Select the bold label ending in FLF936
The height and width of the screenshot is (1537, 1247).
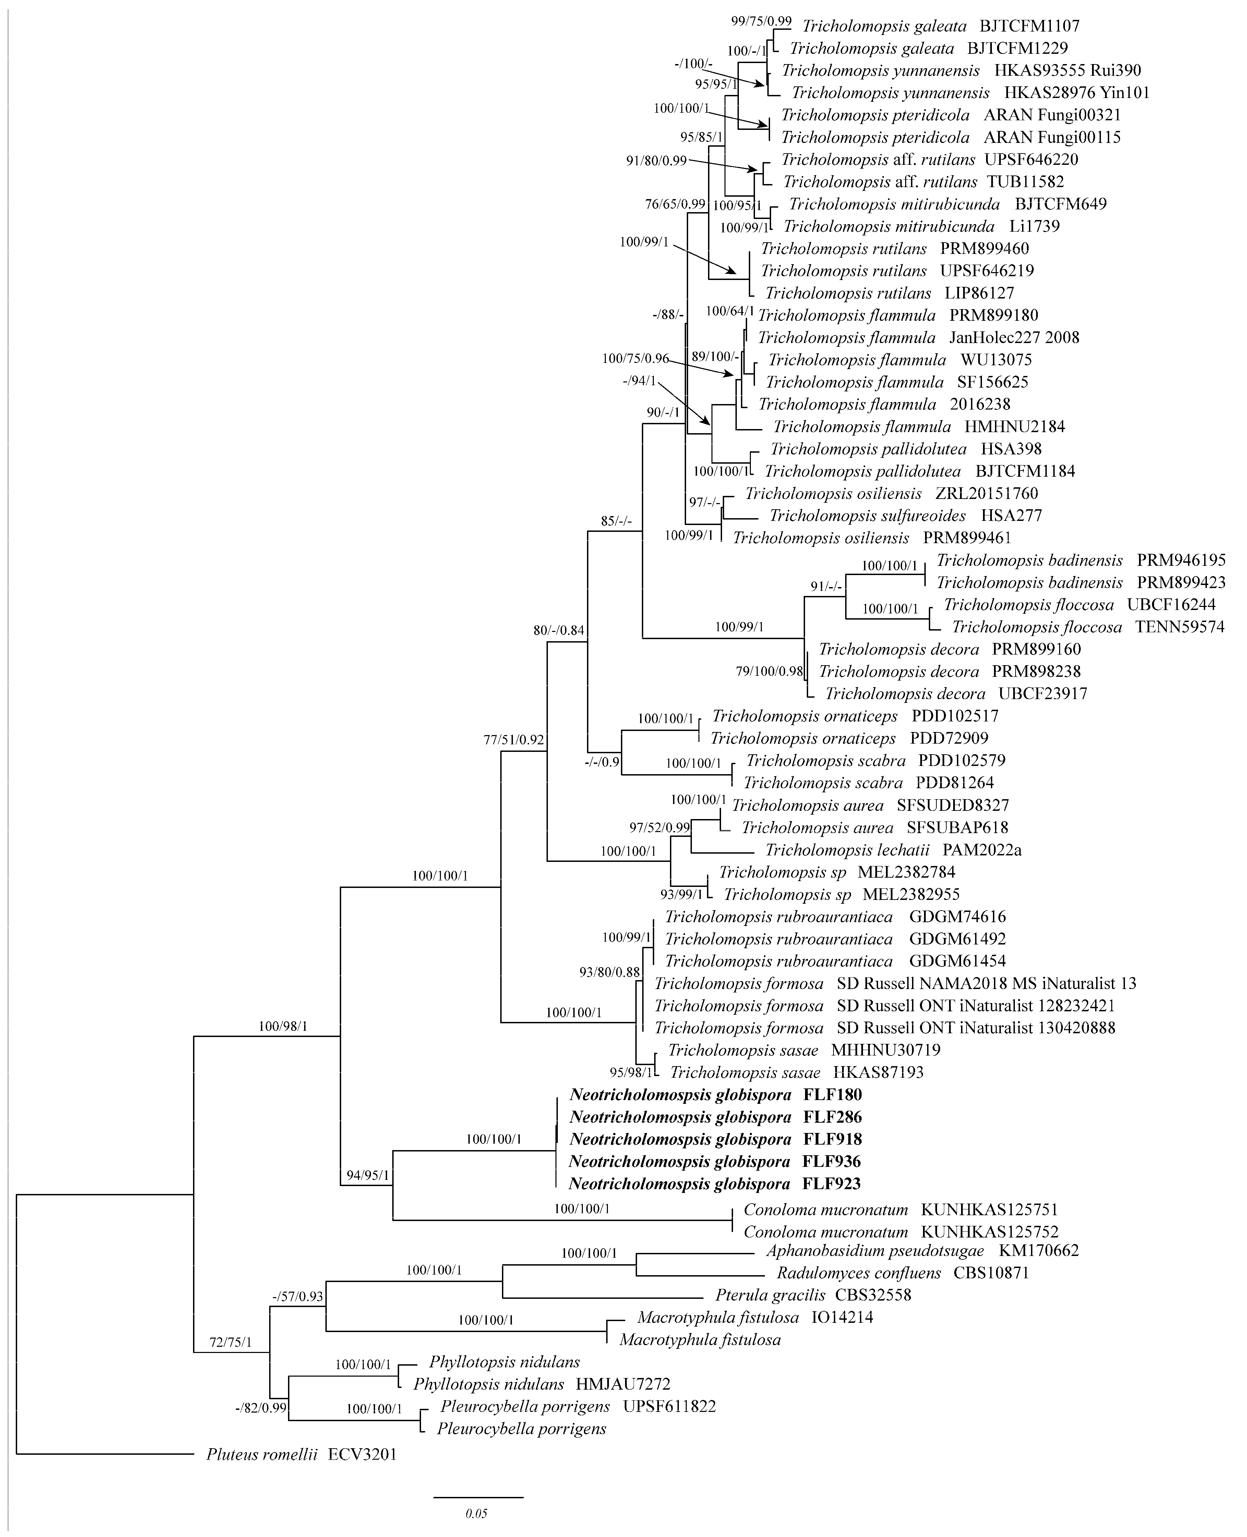click(716, 1161)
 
